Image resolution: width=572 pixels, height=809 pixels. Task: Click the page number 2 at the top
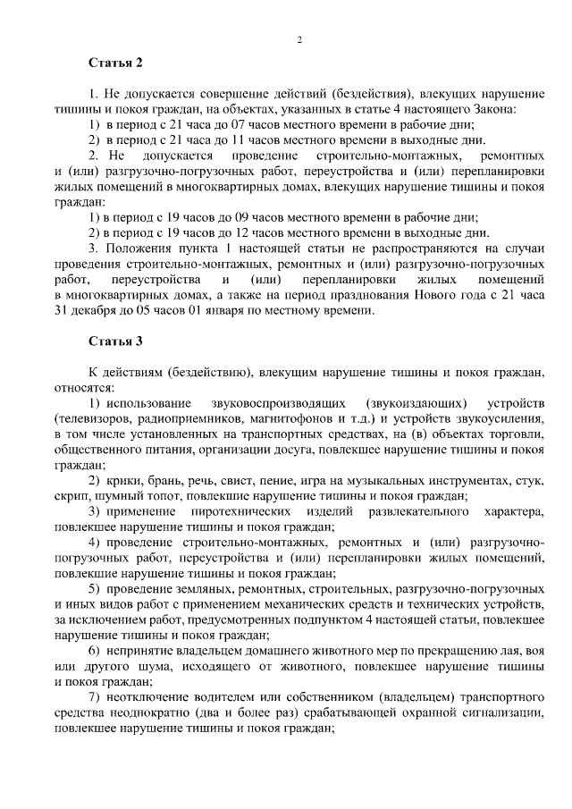[300, 40]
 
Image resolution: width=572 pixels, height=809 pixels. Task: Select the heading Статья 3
[115, 341]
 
